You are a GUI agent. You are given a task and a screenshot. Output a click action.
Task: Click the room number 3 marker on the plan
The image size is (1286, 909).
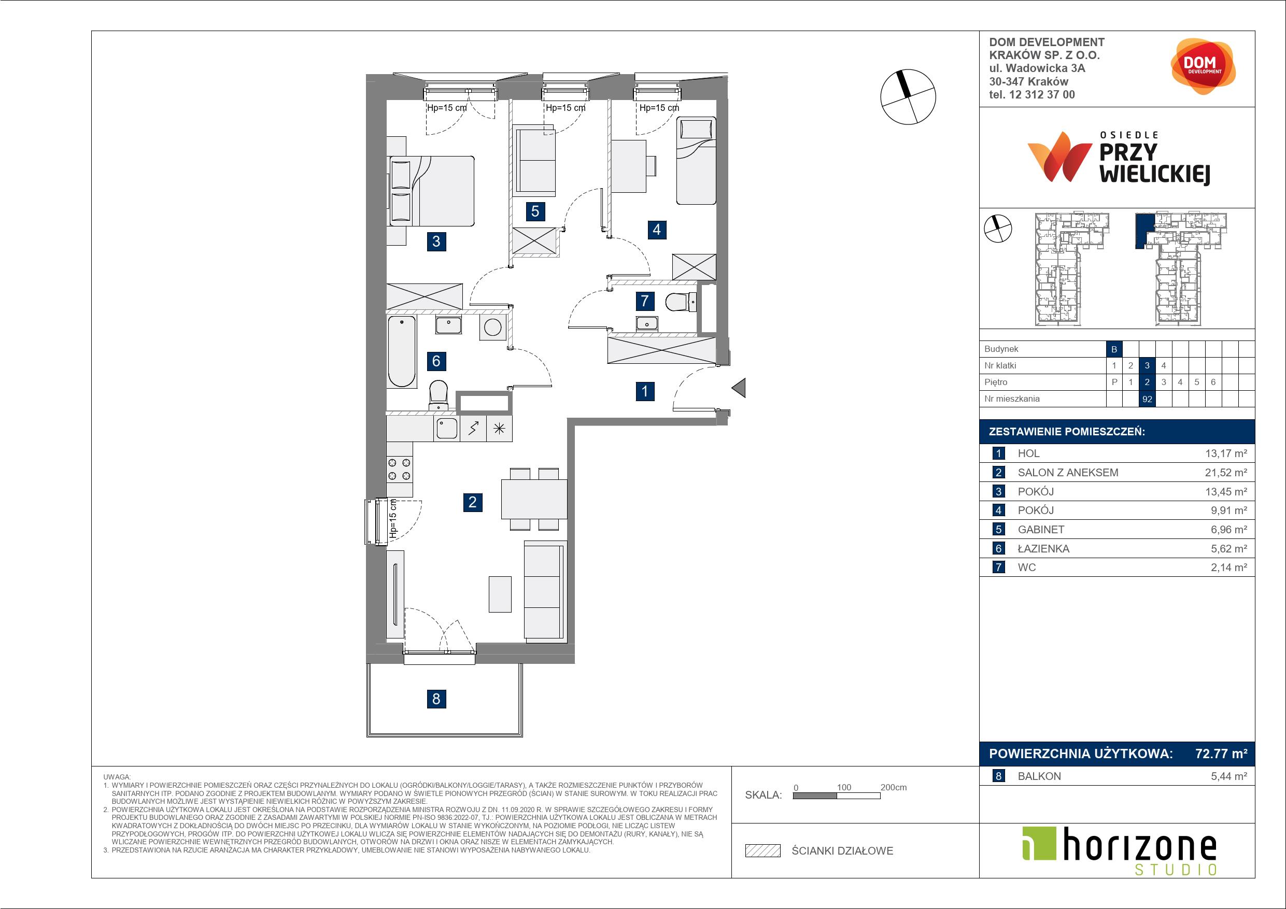tap(436, 242)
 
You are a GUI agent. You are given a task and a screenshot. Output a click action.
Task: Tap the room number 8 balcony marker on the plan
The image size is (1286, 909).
tap(436, 699)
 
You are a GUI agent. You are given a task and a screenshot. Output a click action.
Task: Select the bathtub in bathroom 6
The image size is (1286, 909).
tap(402, 351)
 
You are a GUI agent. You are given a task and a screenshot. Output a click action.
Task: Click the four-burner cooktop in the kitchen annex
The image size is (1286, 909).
tap(399, 470)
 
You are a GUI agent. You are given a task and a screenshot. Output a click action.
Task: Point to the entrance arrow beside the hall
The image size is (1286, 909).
tap(739, 388)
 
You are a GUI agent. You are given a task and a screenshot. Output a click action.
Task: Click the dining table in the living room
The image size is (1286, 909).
tap(534, 499)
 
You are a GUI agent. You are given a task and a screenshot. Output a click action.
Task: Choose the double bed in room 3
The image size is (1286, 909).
tap(431, 191)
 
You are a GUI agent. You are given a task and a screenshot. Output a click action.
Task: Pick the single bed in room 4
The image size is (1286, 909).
tap(696, 161)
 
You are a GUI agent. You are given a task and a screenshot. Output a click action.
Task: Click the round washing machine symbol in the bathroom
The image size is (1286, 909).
tap(492, 327)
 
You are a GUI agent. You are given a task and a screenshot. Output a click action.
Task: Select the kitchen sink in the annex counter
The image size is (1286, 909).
tap(447, 429)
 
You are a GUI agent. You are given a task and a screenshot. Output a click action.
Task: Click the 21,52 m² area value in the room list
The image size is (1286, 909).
tap(1226, 472)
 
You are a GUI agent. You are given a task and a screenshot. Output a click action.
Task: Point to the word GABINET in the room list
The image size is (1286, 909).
tap(1041, 529)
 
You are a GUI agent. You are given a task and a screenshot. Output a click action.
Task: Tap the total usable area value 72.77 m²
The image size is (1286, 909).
tap(1221, 754)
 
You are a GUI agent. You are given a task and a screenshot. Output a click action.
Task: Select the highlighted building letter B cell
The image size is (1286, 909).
tap(1114, 349)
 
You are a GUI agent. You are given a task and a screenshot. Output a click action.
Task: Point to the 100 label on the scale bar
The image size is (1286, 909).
tap(844, 787)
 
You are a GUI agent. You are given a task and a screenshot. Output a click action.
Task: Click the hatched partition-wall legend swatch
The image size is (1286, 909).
tap(763, 851)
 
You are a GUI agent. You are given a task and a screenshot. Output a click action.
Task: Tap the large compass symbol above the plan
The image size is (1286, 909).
tap(908, 96)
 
